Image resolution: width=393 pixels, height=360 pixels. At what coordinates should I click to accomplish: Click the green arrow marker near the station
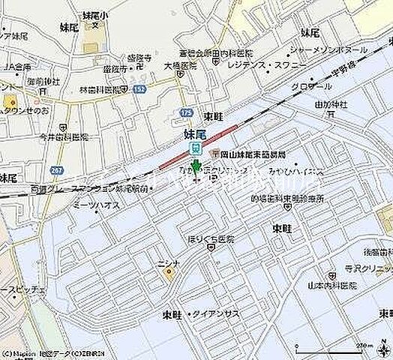(x=196, y=167)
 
